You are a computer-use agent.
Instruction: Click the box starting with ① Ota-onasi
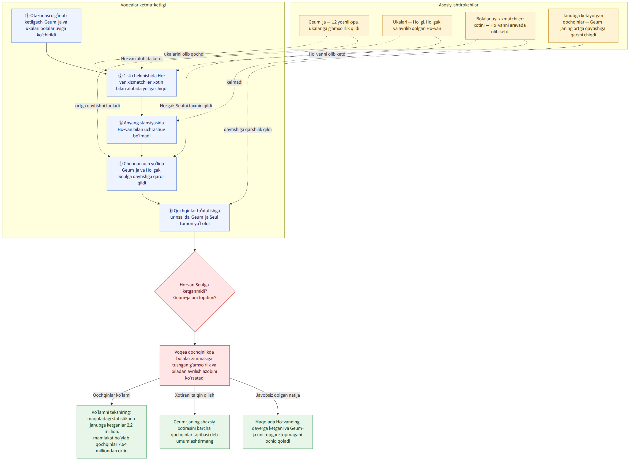point(46,26)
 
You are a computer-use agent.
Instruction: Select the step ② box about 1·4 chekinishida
point(142,83)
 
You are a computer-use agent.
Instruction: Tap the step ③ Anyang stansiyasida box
point(142,130)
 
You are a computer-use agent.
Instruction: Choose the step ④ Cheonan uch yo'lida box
point(142,173)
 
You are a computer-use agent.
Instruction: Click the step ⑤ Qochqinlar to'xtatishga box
point(195,217)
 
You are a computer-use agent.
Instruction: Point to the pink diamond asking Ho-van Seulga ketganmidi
point(195,292)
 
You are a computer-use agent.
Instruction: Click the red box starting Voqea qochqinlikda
point(195,365)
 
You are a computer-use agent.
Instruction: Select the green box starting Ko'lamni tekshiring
point(112,432)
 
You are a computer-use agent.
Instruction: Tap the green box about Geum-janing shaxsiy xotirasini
point(195,432)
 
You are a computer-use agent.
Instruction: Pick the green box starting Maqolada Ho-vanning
point(278,432)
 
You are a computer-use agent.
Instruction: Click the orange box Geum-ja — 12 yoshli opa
point(334,26)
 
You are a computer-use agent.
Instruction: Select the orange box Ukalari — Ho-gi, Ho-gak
point(417,26)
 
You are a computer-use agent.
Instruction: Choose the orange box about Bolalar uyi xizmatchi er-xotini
point(500,26)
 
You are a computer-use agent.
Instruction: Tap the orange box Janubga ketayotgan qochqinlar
point(583,26)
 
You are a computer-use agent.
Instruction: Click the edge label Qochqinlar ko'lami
point(112,395)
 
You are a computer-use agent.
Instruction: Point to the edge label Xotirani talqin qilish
point(195,395)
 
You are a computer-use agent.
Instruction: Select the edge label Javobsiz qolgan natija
point(278,395)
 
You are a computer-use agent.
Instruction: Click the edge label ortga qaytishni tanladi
point(98,106)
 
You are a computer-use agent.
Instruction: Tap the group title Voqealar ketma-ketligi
point(143,5)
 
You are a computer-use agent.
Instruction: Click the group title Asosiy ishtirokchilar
point(458,5)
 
